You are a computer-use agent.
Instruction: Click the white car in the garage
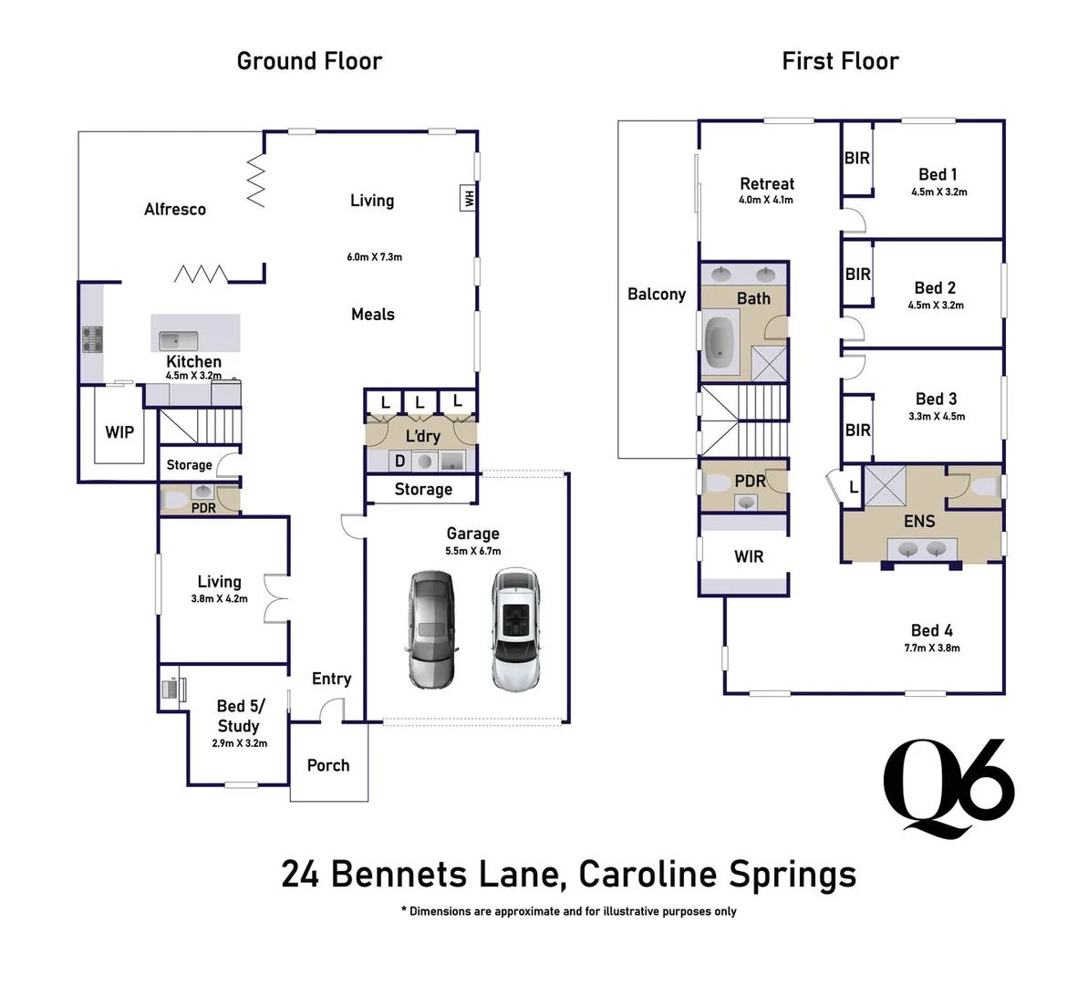[x=516, y=630]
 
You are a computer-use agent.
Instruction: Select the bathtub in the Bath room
[x=721, y=342]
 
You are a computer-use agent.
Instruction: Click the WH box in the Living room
[x=469, y=198]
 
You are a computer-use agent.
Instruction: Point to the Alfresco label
[x=175, y=210]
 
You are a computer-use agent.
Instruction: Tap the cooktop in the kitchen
[x=93, y=339]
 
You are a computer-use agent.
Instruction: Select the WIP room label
[x=119, y=432]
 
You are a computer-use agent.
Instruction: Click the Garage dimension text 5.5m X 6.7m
[x=472, y=551]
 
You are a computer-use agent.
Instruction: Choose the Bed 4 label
[x=931, y=630]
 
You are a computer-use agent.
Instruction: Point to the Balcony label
[x=657, y=295]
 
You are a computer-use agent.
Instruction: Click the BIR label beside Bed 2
[x=857, y=274]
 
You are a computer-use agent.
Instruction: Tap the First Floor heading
[x=840, y=61]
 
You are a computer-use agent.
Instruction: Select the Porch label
[x=328, y=765]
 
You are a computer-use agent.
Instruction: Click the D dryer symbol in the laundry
[x=399, y=461]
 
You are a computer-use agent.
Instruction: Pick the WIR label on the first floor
[x=749, y=556]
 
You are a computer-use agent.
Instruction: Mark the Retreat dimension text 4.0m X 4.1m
[x=766, y=200]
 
